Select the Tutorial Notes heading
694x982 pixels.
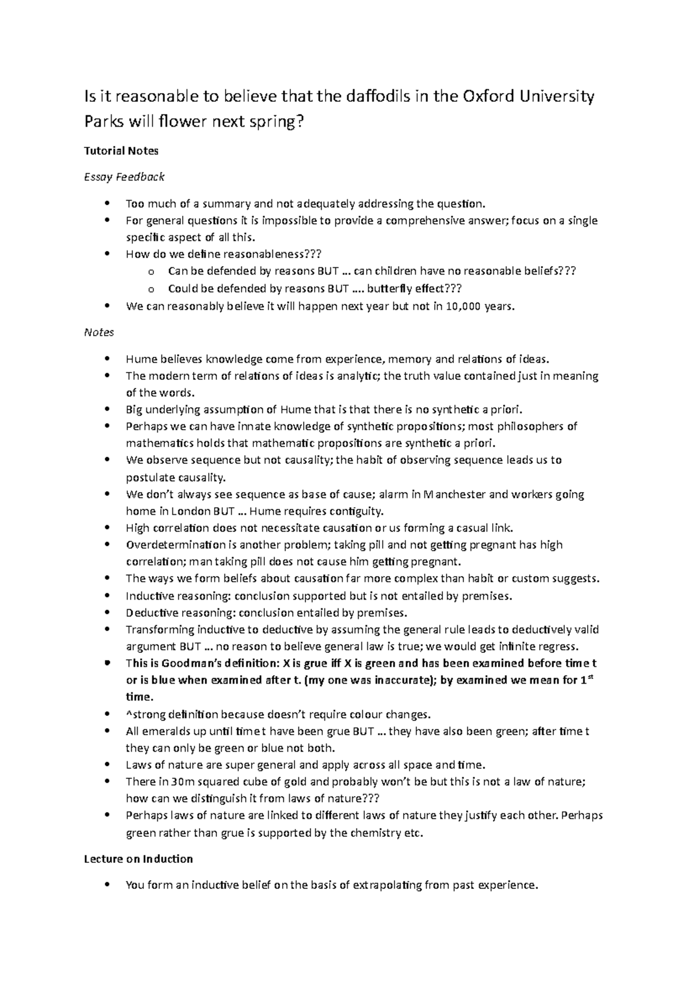click(x=121, y=151)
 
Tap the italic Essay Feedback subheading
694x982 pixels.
click(x=124, y=177)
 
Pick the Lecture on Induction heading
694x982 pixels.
click(x=138, y=859)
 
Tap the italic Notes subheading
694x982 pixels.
click(x=99, y=333)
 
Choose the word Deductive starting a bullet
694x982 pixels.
click(x=152, y=612)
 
